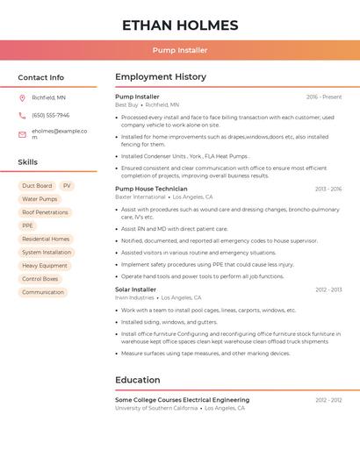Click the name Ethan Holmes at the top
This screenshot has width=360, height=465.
click(180, 25)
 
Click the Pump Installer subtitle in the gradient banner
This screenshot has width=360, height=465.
click(180, 51)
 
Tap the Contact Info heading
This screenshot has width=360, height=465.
click(41, 77)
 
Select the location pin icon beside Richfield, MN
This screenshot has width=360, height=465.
click(22, 97)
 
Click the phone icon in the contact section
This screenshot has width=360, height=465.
click(22, 115)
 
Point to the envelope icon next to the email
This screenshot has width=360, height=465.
click(22, 134)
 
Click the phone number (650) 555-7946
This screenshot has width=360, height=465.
click(50, 115)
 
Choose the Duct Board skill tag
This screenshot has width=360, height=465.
click(37, 186)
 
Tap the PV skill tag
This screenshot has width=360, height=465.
click(67, 186)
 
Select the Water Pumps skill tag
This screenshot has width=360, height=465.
click(40, 199)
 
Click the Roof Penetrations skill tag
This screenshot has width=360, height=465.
click(45, 212)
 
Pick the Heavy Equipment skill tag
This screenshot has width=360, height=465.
click(44, 266)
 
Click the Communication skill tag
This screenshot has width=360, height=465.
click(43, 292)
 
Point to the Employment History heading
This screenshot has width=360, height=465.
click(161, 77)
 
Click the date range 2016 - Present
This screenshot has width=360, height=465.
click(324, 97)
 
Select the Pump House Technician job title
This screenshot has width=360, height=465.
click(151, 189)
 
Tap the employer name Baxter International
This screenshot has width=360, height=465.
click(140, 197)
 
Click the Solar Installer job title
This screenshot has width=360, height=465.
click(135, 290)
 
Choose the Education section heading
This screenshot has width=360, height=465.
click(138, 380)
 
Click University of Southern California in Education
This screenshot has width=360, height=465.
click(156, 408)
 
